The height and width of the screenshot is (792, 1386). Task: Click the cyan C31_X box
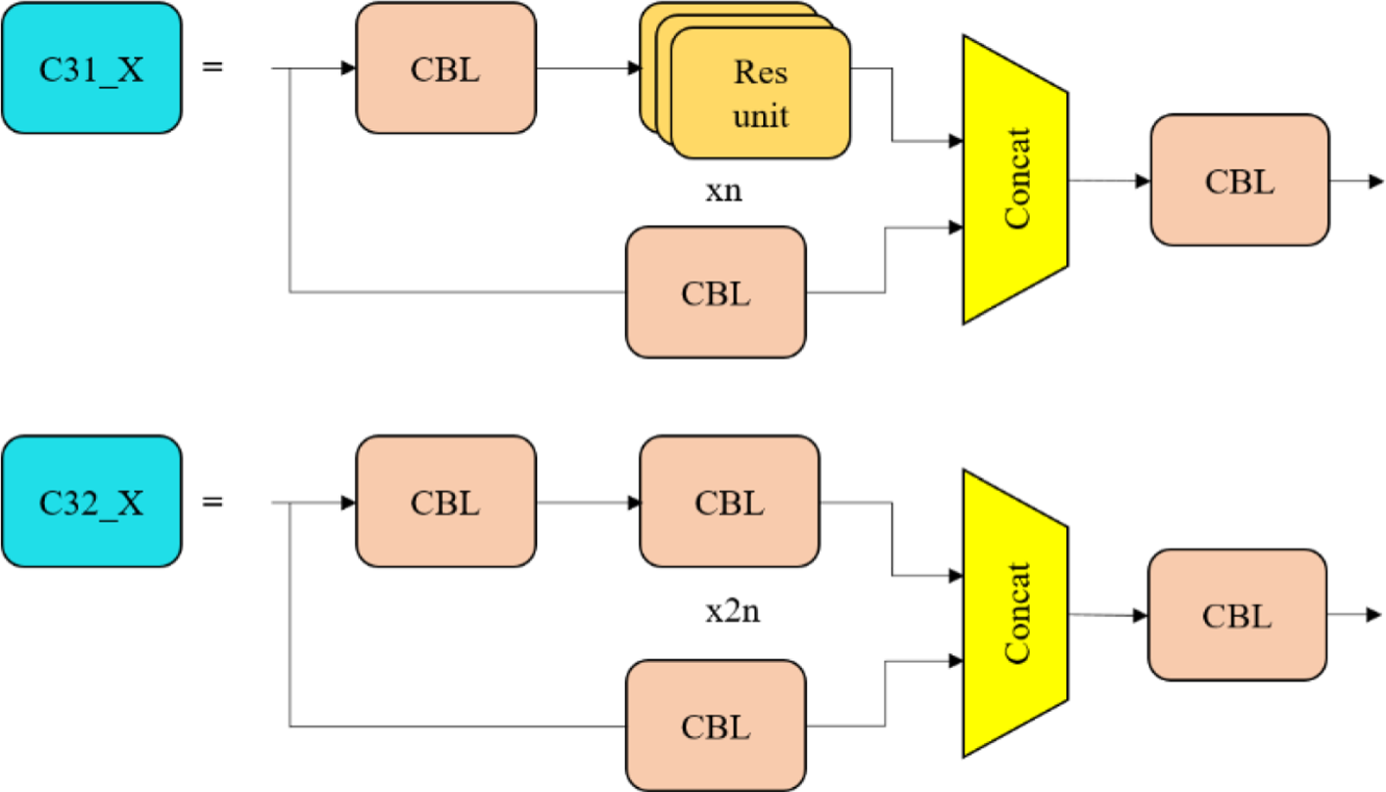coord(91,68)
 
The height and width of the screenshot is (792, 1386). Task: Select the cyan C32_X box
coord(91,502)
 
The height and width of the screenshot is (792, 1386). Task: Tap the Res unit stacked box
coord(760,94)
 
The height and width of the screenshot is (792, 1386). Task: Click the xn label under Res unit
coord(724,190)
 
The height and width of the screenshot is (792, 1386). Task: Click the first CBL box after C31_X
coord(445,68)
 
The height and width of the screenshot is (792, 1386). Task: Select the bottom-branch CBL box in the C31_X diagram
coord(716,291)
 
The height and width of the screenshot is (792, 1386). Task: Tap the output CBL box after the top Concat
coord(1239,181)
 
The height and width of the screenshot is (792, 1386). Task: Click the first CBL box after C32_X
coord(445,502)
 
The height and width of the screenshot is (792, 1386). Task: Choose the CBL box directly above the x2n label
coord(729,502)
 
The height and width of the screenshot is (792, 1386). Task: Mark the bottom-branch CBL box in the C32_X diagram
coord(716,725)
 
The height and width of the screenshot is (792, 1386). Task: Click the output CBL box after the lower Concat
coord(1237,615)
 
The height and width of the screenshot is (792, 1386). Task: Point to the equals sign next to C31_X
coord(212,68)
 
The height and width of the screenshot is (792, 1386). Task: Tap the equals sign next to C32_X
coord(212,503)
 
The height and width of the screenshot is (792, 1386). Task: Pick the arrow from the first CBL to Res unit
coord(587,68)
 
